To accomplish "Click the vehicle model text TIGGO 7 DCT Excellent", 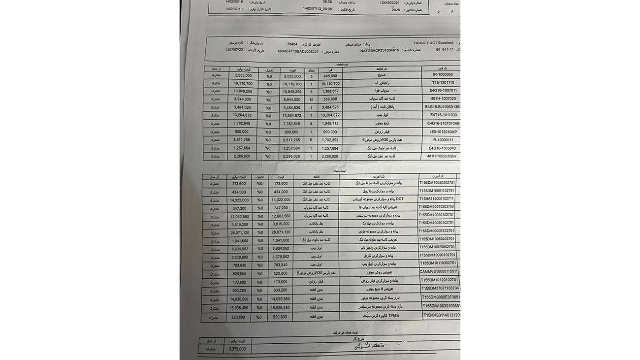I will click(x=432, y=43).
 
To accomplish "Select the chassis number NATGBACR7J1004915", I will click(x=381, y=50).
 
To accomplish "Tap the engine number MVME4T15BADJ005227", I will click(x=298, y=51).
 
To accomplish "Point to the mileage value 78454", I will click(x=292, y=43).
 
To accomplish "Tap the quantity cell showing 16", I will click(x=311, y=99).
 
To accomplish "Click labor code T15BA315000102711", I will click(x=437, y=198).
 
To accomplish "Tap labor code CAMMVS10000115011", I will click(x=438, y=271).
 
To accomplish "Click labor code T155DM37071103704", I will click(x=440, y=288).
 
